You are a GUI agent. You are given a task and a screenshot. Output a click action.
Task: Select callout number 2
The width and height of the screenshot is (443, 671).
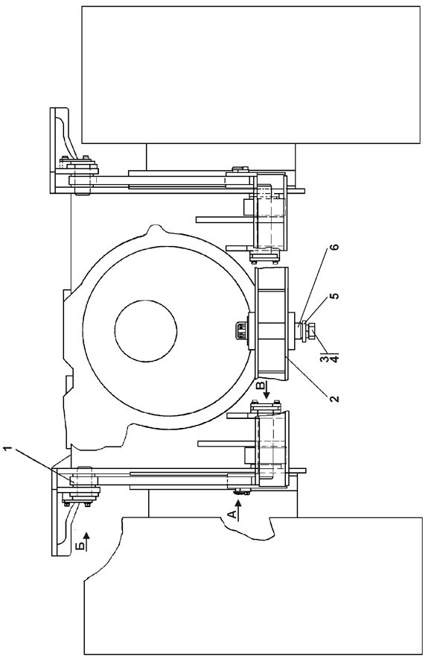point(334,398)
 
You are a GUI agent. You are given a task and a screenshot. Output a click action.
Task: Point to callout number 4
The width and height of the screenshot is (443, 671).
point(334,359)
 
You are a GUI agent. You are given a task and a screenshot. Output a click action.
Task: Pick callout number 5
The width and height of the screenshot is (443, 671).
point(335,296)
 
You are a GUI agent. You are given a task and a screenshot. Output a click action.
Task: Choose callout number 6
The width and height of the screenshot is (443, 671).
point(335,247)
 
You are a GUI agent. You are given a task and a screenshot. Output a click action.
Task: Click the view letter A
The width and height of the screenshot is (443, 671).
point(232,514)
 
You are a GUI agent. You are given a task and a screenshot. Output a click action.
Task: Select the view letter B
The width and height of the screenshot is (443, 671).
point(260,385)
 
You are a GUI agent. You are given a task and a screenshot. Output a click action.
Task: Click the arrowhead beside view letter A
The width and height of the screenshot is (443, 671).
point(239,504)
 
